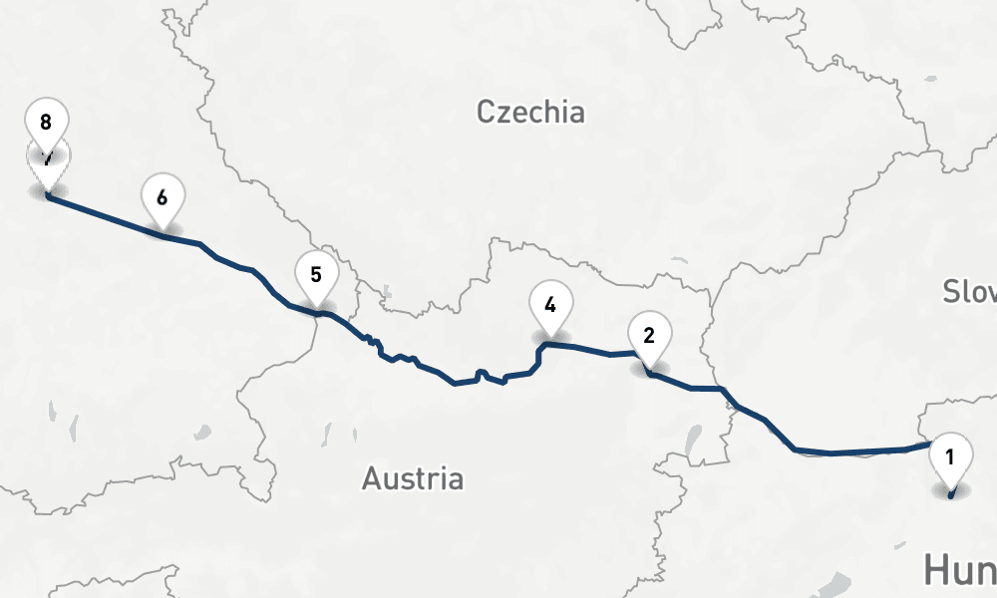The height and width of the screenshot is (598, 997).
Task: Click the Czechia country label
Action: [530, 111]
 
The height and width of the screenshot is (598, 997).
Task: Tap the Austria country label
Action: [412, 478]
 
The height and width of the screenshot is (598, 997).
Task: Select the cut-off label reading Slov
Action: [970, 291]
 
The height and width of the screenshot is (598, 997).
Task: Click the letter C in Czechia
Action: [487, 111]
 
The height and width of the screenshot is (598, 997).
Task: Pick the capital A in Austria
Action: [371, 478]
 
